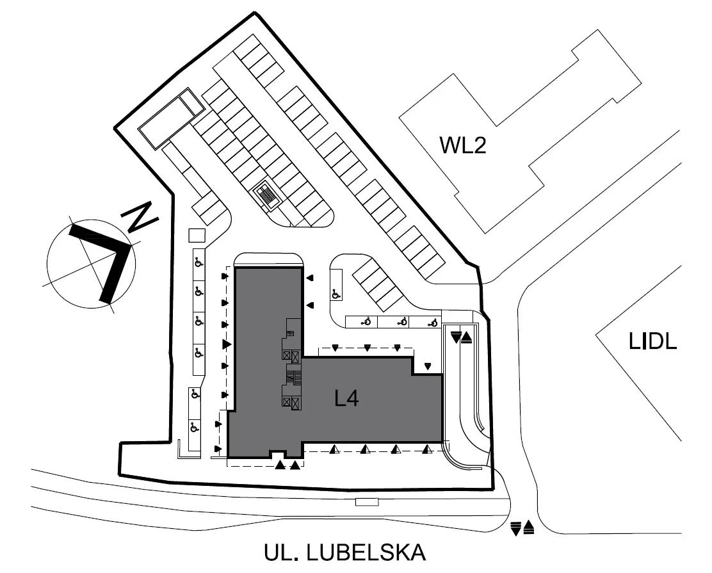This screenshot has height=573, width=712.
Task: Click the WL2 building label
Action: point(463,145)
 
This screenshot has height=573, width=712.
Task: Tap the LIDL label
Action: point(653,341)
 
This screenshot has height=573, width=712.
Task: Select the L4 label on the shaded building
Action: point(347,398)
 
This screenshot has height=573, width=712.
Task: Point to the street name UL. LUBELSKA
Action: point(345,553)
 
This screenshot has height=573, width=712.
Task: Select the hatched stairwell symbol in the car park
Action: point(267,196)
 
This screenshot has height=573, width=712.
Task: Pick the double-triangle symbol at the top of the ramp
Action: point(462,337)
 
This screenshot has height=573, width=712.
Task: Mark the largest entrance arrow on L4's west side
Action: point(227,344)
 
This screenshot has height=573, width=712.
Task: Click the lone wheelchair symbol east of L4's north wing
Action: point(336,295)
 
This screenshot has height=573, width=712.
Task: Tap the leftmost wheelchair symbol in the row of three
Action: point(366,322)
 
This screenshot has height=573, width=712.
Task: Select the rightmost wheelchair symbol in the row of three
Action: point(432,323)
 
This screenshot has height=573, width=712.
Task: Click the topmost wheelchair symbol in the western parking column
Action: point(198,262)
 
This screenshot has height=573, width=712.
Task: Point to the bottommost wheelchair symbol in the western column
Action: point(193,427)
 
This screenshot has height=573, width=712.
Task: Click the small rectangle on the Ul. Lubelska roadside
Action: point(367,502)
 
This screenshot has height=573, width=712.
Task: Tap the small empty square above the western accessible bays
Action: point(197,236)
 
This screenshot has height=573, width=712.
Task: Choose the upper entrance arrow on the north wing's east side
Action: point(310,278)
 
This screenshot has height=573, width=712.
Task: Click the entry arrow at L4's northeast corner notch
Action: point(427,366)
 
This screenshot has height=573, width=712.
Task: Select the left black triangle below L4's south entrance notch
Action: point(280,465)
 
